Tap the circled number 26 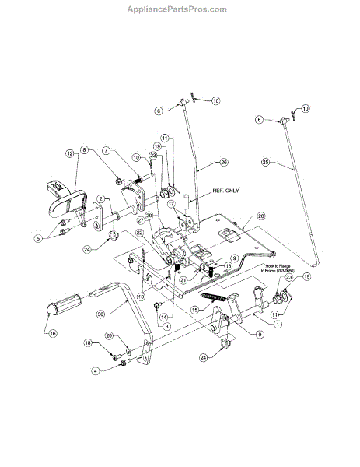[x=224, y=162]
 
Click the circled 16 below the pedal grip [x=53, y=335]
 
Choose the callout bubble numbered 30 [x=101, y=314]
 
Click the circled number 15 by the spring [x=196, y=309]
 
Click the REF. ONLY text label [x=227, y=189]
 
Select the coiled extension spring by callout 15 [x=214, y=299]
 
